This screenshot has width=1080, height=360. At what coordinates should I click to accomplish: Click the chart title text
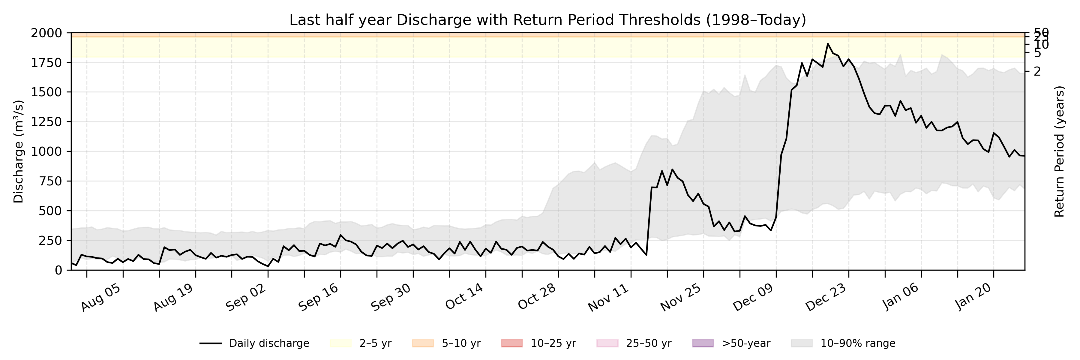(547, 20)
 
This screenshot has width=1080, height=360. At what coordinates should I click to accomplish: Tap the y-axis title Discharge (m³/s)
(18, 151)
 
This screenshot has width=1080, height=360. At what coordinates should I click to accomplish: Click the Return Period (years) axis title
(1060, 151)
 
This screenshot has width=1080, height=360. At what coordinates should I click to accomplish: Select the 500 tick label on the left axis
(49, 211)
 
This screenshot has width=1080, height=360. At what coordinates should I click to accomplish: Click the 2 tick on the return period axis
(1037, 71)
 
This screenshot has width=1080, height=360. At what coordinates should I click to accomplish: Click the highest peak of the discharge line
(828, 43)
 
